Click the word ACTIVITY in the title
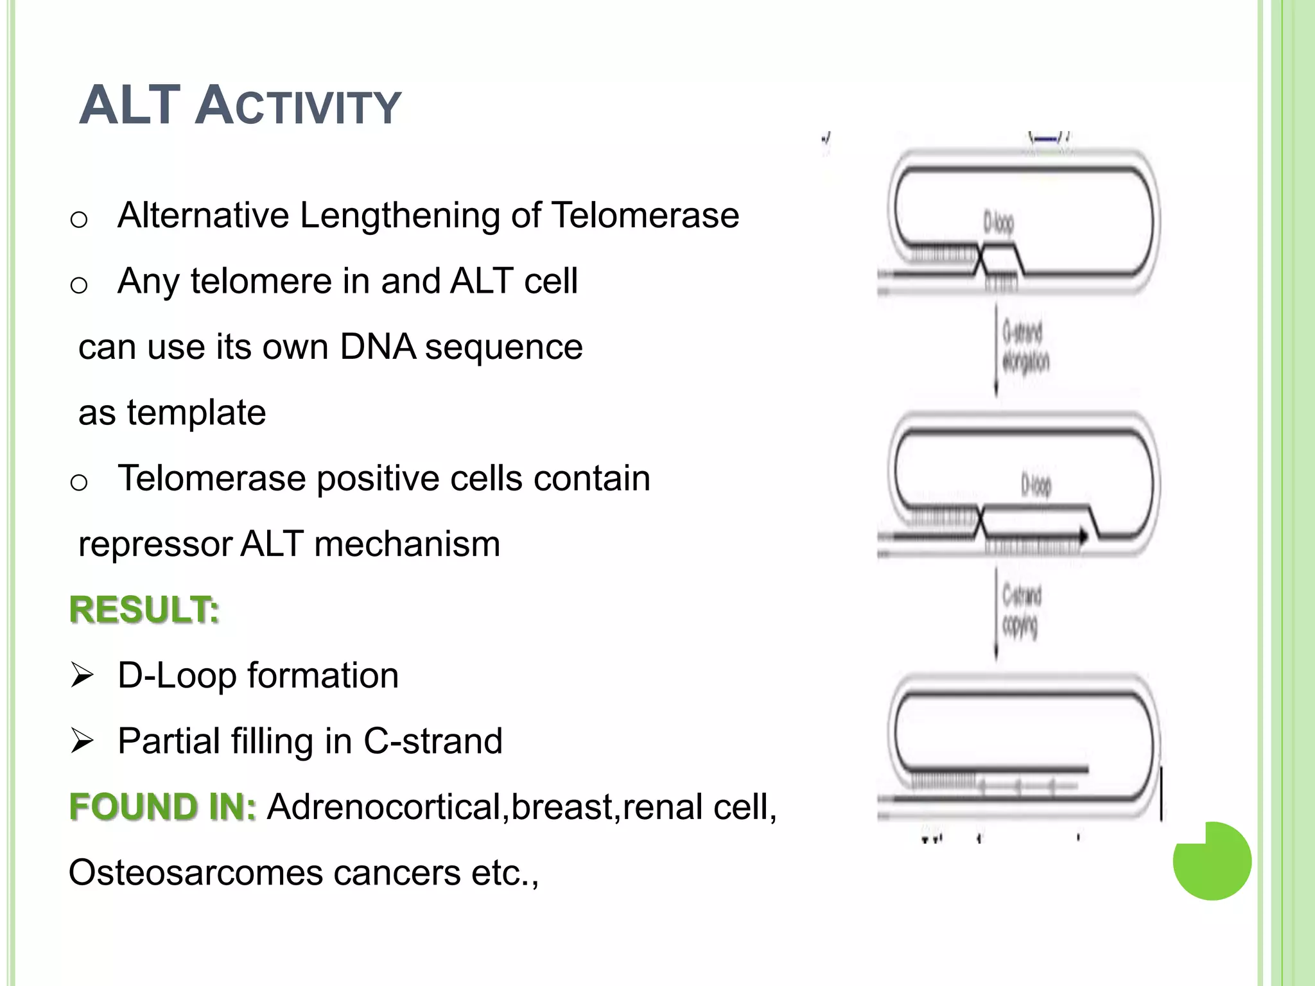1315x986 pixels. click(x=299, y=107)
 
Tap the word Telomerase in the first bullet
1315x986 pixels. click(x=645, y=215)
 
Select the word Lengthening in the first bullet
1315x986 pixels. click(x=400, y=216)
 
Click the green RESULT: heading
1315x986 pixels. click(x=144, y=610)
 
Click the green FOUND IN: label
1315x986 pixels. click(x=162, y=807)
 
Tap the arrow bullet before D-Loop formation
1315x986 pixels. click(x=82, y=676)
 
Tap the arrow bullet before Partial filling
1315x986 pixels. click(x=82, y=741)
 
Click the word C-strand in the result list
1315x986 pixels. click(x=433, y=741)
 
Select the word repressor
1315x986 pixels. click(x=155, y=544)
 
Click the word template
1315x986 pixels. click(x=196, y=413)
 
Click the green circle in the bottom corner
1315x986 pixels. click(x=1212, y=861)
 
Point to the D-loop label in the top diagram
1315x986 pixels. click(x=998, y=223)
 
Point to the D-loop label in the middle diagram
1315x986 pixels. click(x=1036, y=485)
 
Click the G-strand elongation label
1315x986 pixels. click(x=1025, y=347)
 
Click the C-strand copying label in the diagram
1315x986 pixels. click(x=1021, y=610)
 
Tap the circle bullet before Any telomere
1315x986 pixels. click(x=79, y=284)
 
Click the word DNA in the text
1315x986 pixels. click(x=378, y=347)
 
